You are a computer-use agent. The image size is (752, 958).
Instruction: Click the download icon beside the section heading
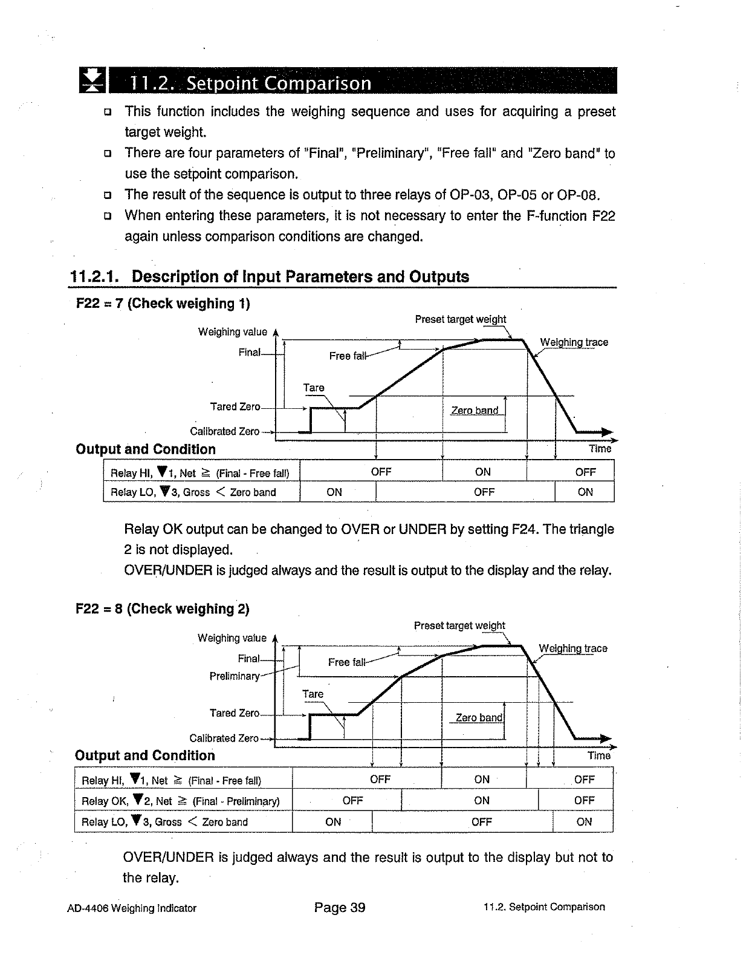(x=92, y=81)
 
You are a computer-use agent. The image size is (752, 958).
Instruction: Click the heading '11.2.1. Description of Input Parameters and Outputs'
(x=270, y=277)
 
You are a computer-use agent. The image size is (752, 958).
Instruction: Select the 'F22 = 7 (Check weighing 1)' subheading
(x=163, y=304)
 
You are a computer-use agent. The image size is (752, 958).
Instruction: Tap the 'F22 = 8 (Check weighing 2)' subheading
(x=163, y=609)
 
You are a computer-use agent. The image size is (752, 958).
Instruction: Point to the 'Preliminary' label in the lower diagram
(x=235, y=676)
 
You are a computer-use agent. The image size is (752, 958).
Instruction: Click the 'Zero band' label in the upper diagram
(x=475, y=411)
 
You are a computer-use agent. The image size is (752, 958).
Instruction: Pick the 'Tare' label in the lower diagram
(x=313, y=694)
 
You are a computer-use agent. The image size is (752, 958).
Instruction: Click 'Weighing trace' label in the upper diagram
(x=574, y=342)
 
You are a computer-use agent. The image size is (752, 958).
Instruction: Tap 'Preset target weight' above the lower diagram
(x=459, y=625)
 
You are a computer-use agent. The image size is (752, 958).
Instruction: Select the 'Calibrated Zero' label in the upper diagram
(x=224, y=432)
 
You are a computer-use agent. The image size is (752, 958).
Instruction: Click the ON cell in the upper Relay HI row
(x=483, y=472)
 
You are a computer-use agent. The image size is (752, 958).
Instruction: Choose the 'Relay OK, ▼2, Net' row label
(x=181, y=801)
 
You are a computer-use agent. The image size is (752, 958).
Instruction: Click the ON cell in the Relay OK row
(x=482, y=801)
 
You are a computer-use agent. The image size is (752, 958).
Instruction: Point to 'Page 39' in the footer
(x=340, y=907)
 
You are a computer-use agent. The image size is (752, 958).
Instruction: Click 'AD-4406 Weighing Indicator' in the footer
(x=132, y=908)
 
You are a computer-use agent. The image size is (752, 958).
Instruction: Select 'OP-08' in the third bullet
(x=579, y=195)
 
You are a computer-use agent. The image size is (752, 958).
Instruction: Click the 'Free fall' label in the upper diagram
(x=348, y=356)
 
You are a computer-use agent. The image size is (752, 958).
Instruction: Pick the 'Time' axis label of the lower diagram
(x=598, y=755)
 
